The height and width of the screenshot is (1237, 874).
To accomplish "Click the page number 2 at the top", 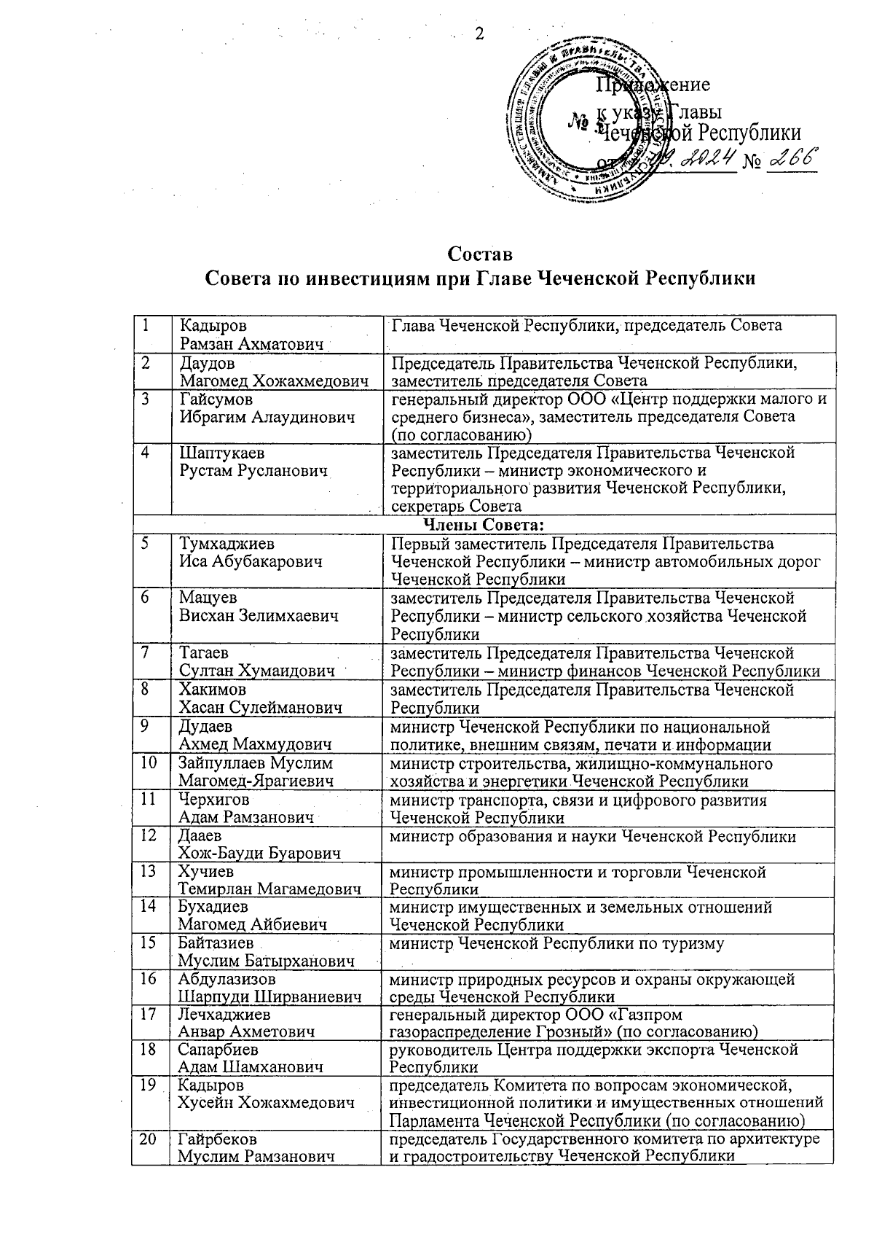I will [480, 34].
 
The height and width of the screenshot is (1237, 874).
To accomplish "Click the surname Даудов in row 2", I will [208, 362].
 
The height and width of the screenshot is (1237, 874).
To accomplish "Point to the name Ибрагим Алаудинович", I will [267, 417].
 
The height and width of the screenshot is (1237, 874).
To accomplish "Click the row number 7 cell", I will [151, 662].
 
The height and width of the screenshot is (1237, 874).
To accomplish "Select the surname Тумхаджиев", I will [228, 544].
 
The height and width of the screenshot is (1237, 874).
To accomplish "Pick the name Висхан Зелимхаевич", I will [259, 616].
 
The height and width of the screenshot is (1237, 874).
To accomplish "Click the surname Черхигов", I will [215, 800].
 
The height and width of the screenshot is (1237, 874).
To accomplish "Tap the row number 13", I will [149, 872].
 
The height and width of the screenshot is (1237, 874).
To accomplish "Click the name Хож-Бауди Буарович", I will [259, 854].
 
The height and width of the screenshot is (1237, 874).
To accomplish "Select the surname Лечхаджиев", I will [224, 1014].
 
